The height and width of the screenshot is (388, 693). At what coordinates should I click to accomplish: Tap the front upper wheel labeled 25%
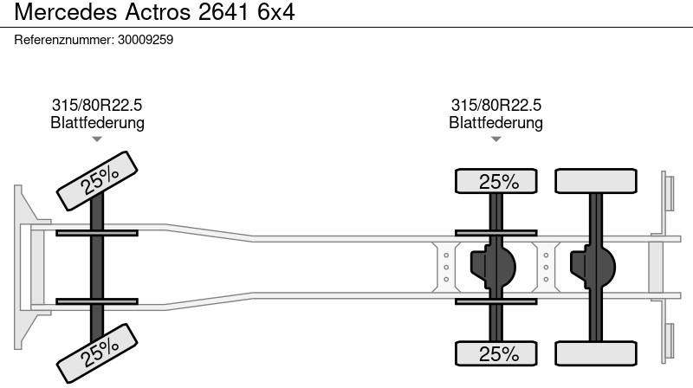(x=99, y=178)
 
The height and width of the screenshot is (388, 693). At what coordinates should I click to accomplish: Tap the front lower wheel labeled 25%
(x=99, y=350)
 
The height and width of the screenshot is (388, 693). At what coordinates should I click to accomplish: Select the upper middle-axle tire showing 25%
(x=497, y=182)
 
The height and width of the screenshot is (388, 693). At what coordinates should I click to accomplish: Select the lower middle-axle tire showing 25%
(x=497, y=353)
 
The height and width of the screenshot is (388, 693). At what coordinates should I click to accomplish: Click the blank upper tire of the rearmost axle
(x=596, y=182)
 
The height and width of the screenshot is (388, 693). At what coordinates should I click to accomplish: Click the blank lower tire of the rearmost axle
(x=596, y=353)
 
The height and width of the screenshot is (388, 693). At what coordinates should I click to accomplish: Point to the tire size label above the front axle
(x=97, y=105)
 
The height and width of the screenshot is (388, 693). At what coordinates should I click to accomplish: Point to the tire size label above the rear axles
(x=495, y=105)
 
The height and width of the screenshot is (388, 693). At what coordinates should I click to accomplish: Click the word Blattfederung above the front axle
(x=97, y=123)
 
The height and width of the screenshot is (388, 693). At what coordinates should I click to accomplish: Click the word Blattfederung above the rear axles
(x=495, y=123)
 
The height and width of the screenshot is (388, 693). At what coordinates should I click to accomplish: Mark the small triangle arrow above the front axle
(x=97, y=139)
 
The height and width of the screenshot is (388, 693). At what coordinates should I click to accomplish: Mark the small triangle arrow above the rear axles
(x=495, y=139)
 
